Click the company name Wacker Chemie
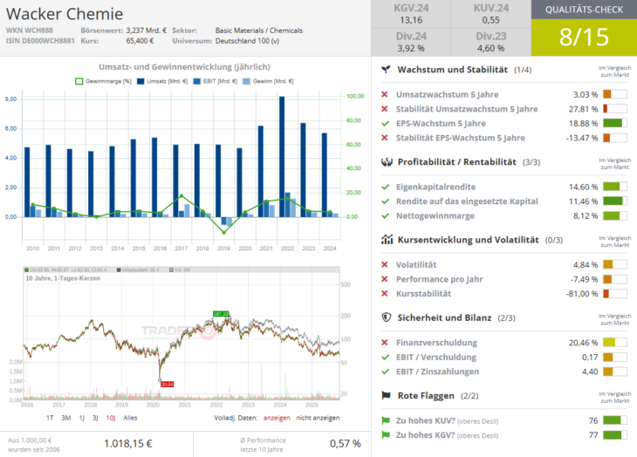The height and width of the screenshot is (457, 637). pos(65,14)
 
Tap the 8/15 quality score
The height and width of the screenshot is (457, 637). pos(584,38)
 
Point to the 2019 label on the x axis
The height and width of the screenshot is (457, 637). pos(224,249)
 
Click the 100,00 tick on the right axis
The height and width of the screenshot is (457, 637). pos(356,96)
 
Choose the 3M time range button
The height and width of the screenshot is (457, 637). pos(65,418)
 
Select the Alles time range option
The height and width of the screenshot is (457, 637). pos(130,418)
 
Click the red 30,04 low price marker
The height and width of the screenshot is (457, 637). pos(167,384)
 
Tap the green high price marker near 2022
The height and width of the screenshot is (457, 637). pos(221,313)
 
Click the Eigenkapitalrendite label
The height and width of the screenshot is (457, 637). pos(435,187)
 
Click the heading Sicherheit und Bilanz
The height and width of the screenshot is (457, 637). pos(444,317)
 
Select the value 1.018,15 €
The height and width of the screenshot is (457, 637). pos(127,443)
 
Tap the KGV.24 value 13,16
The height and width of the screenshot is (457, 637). pos(410,20)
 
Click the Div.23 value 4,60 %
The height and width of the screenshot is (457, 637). pos(490,48)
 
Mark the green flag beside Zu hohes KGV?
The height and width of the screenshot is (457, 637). pos(385,434)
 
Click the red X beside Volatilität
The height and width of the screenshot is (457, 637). pos(385,264)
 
